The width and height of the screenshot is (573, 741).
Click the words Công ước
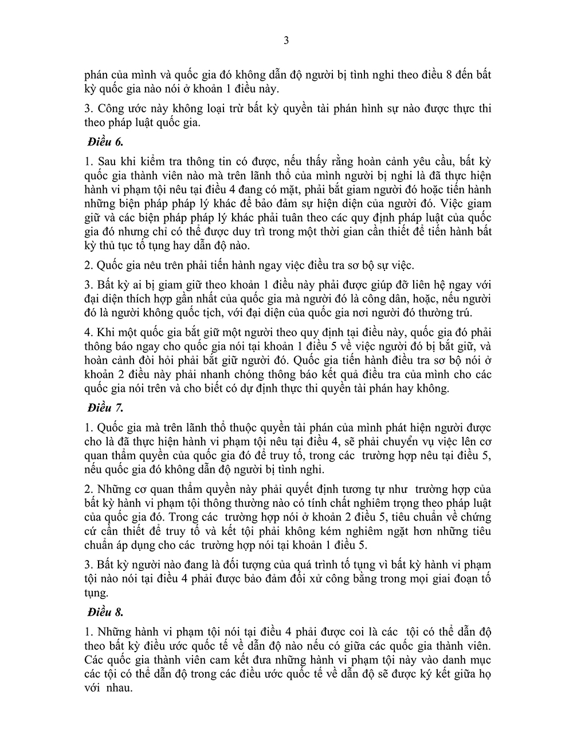tap(119, 108)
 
